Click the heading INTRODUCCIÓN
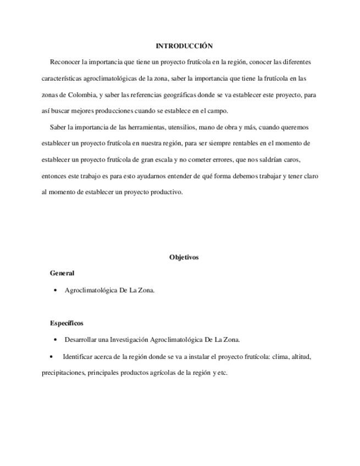(184, 46)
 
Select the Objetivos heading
(184, 257)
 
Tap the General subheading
(62, 273)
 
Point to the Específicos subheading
(67, 323)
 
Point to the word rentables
(251, 143)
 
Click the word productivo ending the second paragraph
(166, 192)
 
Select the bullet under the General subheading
(56, 291)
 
